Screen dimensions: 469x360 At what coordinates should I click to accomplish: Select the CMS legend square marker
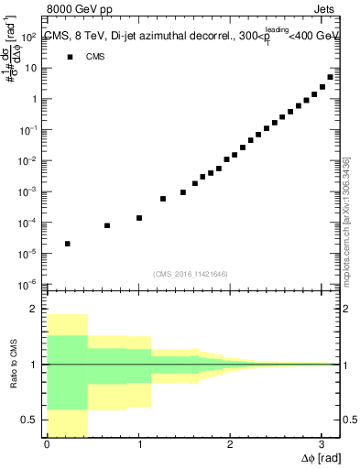click(69, 57)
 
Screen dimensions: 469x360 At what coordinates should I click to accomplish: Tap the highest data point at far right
click(330, 77)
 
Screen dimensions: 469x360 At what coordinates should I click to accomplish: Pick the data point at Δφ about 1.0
click(139, 218)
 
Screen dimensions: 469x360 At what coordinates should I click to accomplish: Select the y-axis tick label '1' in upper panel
click(33, 100)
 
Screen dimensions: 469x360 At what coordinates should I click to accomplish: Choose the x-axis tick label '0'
click(47, 445)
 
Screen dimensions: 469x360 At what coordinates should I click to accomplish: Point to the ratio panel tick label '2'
click(33, 310)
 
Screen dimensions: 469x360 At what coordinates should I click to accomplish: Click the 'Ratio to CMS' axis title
click(12, 365)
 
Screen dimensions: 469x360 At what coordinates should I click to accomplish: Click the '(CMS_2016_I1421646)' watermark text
click(191, 274)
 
